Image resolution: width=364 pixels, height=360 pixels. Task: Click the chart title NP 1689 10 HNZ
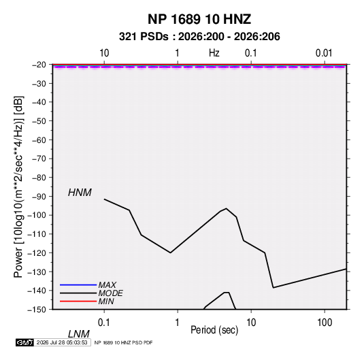(x=199, y=19)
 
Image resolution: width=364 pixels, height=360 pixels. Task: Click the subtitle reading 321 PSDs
(x=144, y=37)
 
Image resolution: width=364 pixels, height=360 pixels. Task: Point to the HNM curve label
(x=80, y=193)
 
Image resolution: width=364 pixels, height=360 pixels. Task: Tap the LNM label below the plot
(x=78, y=334)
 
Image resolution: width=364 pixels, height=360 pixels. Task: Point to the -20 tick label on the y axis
(x=39, y=65)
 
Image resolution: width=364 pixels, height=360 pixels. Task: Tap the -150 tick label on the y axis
(x=37, y=310)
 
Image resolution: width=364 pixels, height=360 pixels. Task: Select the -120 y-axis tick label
(x=37, y=253)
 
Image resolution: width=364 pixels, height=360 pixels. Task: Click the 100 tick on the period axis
(x=325, y=323)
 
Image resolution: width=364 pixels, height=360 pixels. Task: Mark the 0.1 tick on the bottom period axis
(x=104, y=323)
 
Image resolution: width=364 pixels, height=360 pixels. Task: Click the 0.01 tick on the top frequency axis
(x=324, y=53)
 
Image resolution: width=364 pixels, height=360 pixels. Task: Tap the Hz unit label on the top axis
(x=214, y=53)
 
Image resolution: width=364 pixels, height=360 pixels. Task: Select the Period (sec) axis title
(x=214, y=330)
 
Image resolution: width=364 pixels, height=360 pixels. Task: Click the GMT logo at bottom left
(x=24, y=342)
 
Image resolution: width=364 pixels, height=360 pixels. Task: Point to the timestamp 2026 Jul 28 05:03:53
(x=62, y=342)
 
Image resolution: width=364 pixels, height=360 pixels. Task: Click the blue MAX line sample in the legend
(x=78, y=284)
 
